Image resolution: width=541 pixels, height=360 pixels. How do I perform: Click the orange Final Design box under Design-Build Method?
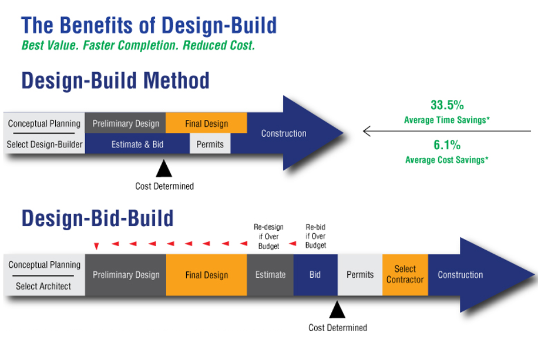(x=206, y=123)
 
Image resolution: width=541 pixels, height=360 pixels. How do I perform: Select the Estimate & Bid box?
(x=137, y=144)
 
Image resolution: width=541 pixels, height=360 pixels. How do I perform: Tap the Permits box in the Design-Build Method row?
(x=210, y=144)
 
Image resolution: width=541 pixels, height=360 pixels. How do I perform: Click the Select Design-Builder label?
(x=45, y=144)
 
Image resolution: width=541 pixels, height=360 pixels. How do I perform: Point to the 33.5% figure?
(x=447, y=106)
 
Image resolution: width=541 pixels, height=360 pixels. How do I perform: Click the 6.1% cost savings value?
(x=447, y=145)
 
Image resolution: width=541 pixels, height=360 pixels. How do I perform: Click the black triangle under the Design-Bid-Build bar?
(x=337, y=309)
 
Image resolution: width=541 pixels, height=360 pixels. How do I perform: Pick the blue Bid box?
(x=315, y=274)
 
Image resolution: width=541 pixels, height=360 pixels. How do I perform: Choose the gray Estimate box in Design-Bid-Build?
(x=270, y=274)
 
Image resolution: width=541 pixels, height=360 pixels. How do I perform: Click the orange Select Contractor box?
(x=405, y=274)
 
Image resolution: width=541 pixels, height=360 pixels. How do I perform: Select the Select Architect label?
(x=43, y=286)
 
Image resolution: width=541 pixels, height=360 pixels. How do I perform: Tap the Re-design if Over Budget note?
(x=268, y=236)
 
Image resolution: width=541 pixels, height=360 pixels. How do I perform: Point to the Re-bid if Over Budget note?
(x=316, y=236)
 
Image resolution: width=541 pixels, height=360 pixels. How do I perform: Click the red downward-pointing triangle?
(x=97, y=246)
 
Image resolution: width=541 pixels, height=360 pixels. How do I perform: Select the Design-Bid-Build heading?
(x=98, y=218)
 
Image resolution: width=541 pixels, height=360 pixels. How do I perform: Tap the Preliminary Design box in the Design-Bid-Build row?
(x=126, y=274)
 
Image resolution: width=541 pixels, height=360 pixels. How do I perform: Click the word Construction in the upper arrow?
(x=284, y=133)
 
